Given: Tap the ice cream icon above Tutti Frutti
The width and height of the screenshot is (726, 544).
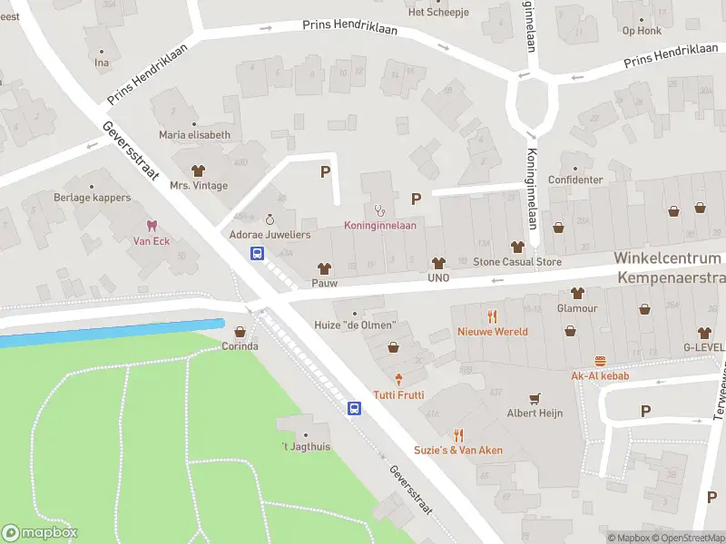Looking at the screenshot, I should [x=397, y=379].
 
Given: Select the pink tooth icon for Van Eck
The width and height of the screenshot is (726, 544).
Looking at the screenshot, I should [x=152, y=225].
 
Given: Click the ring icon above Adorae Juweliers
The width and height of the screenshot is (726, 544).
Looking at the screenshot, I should [x=270, y=219].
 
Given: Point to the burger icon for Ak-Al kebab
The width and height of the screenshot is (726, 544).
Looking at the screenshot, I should [x=600, y=360].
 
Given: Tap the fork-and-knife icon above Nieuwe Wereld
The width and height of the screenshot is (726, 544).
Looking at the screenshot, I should [x=493, y=316].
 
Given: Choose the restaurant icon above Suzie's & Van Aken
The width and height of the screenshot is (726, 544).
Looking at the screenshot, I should [x=458, y=434].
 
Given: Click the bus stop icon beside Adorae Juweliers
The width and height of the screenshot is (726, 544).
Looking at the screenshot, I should [x=258, y=254].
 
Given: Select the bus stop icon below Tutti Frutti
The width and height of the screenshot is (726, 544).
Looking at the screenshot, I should [x=355, y=409].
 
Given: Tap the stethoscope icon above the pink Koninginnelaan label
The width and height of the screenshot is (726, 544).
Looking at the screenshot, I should [x=379, y=209].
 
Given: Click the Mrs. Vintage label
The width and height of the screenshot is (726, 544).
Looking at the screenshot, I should [x=199, y=186].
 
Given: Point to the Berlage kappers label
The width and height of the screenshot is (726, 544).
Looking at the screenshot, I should [x=92, y=198].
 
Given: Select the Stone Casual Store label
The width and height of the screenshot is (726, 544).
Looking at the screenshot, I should [x=517, y=262].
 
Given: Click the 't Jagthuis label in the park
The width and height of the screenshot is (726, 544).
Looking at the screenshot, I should [x=305, y=447].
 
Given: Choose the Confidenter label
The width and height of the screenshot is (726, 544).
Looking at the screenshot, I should [x=575, y=180].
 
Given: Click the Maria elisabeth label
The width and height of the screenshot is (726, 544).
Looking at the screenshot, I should [x=194, y=135].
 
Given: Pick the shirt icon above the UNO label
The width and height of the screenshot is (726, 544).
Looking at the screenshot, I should [x=440, y=262].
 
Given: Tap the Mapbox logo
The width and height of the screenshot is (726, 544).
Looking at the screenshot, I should [x=40, y=533].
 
